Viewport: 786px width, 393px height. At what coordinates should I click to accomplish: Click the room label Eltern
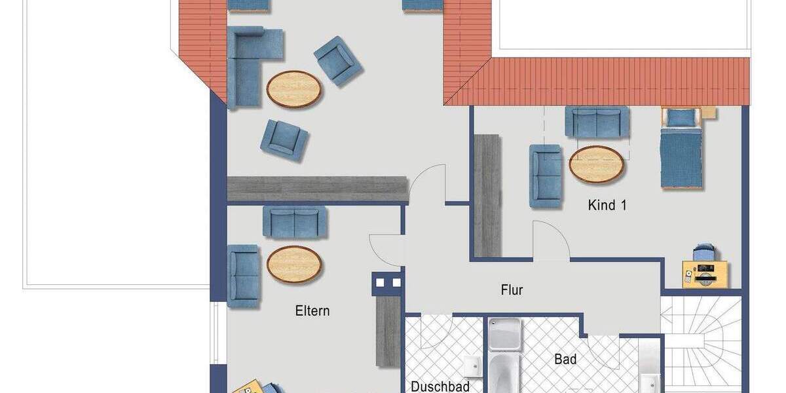click(312, 311)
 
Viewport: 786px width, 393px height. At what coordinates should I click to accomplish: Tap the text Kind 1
click(607, 205)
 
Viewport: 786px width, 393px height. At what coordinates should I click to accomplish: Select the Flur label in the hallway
click(512, 290)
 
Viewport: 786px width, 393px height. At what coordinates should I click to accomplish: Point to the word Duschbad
click(440, 386)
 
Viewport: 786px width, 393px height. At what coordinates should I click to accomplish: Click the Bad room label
click(565, 359)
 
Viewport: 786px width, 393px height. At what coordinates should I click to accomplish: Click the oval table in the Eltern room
click(294, 264)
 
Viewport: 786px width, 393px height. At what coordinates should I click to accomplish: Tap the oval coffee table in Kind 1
click(597, 164)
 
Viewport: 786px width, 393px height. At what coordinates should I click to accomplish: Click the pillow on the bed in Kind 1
click(681, 118)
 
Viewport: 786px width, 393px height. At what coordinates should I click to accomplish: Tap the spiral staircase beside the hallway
click(701, 344)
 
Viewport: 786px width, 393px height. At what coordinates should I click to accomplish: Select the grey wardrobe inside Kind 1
click(487, 195)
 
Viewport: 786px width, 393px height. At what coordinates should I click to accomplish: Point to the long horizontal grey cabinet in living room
click(317, 188)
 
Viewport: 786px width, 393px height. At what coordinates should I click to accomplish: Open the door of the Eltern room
click(385, 250)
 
